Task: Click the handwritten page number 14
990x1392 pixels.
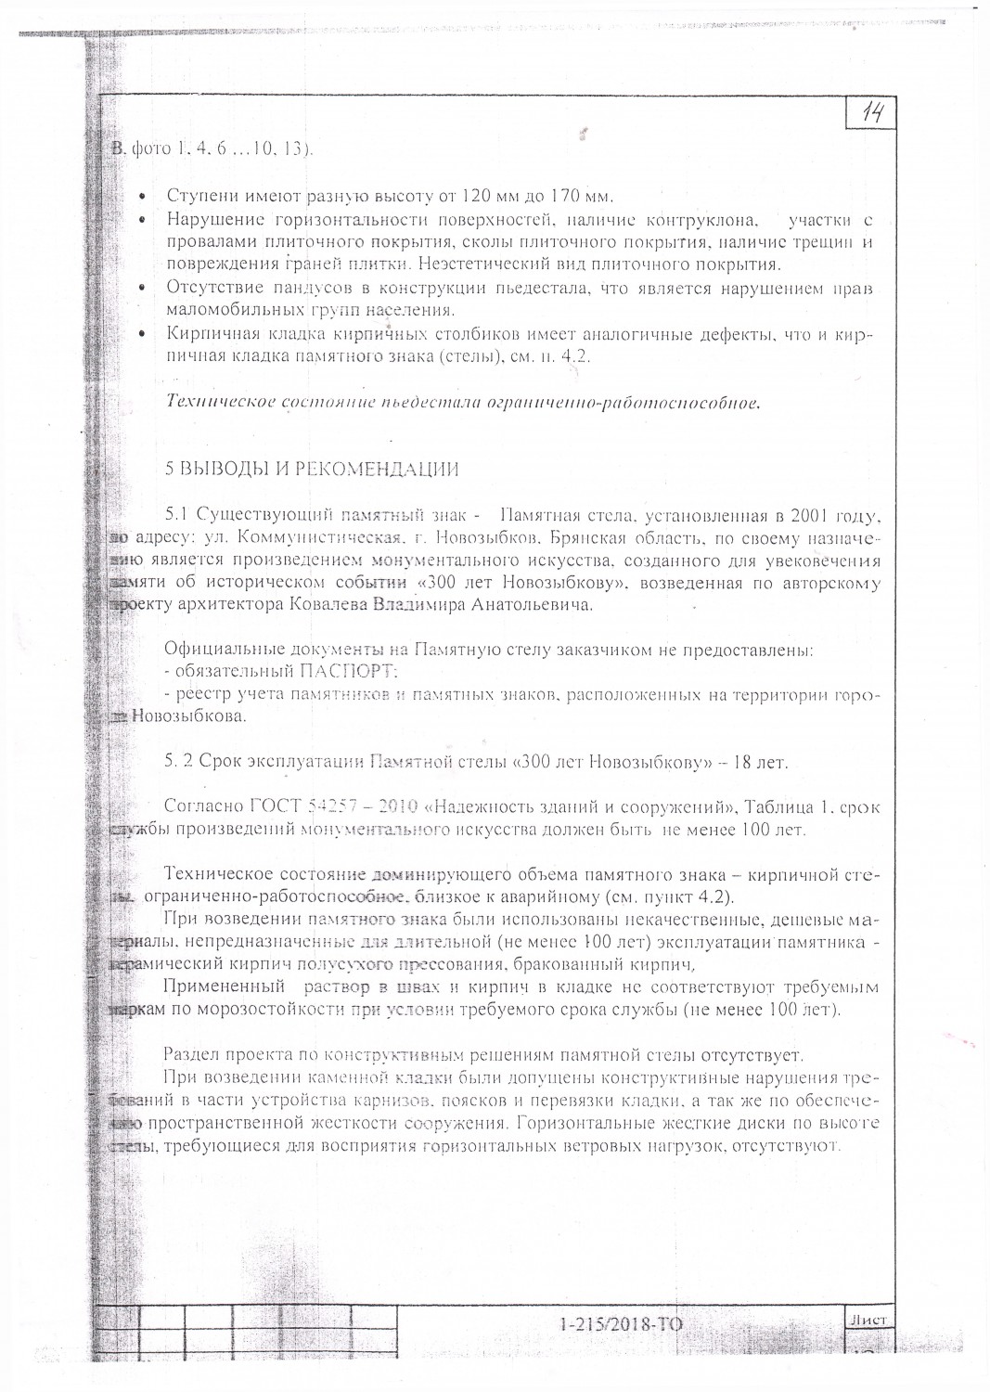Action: coord(872,114)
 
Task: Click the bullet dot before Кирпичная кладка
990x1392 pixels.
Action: coord(141,334)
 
